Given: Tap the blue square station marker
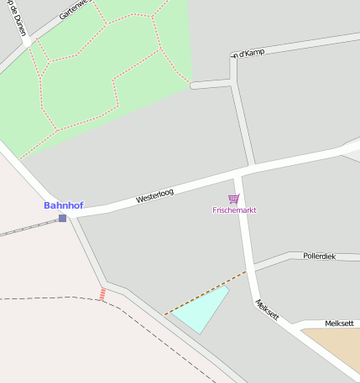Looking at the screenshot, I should click(62, 219).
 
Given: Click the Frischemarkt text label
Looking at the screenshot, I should click(234, 210).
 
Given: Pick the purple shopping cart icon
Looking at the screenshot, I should click(234, 199).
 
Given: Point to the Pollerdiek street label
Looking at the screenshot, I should click(319, 256).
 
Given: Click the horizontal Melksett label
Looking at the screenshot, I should click(340, 323).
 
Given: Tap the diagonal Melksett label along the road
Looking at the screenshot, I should click(267, 311).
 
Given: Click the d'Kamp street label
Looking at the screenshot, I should click(248, 53).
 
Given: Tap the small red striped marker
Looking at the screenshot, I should click(102, 293).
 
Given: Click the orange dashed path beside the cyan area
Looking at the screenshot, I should click(206, 293).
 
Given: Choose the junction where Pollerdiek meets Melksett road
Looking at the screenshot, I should click(252, 267).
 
